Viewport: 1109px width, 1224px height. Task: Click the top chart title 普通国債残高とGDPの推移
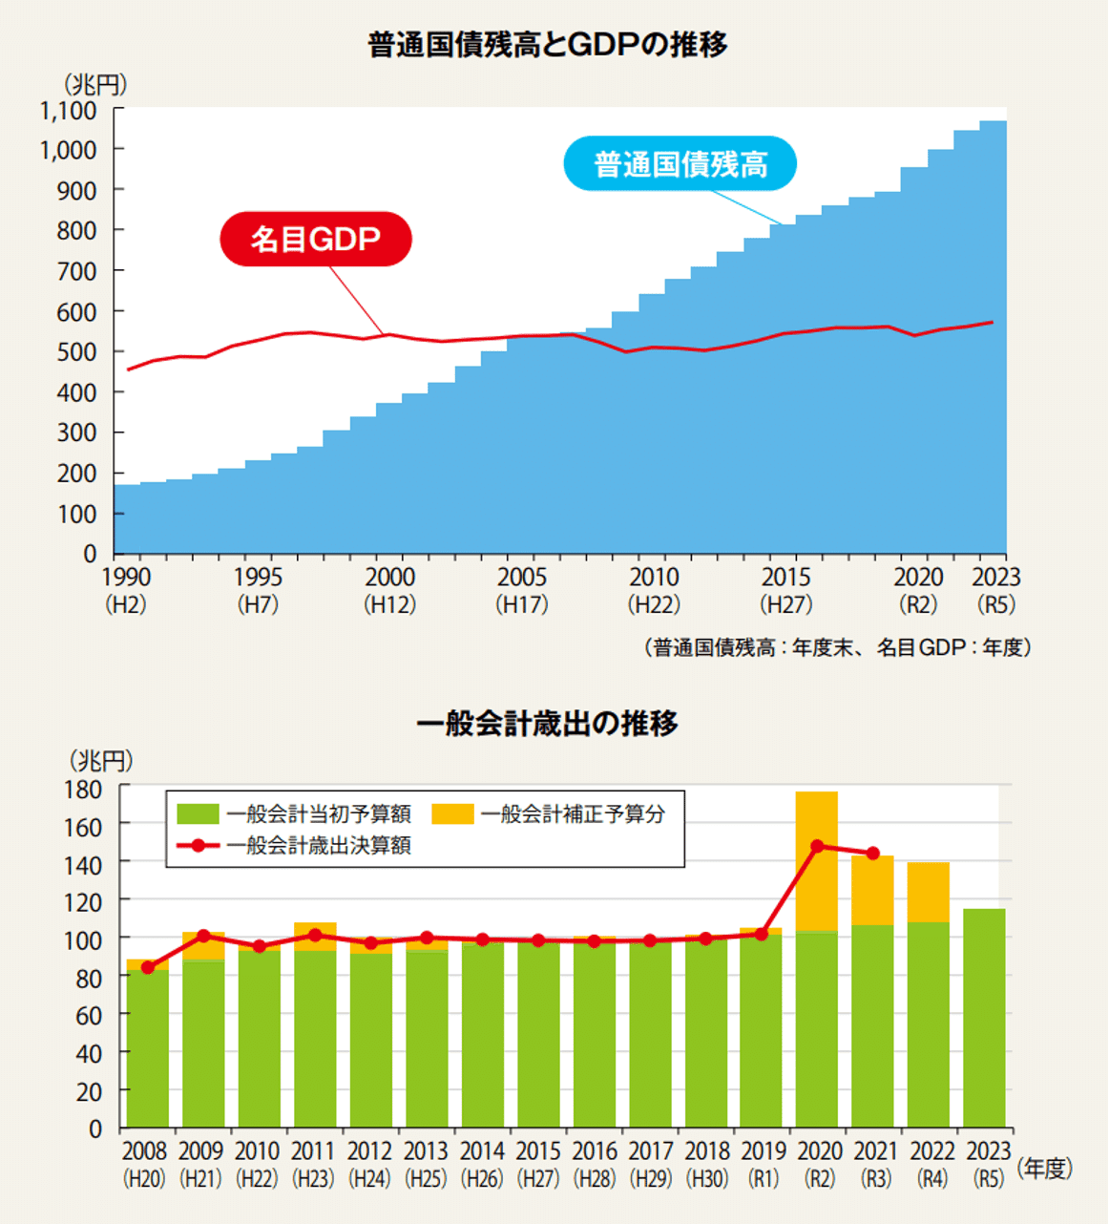(548, 45)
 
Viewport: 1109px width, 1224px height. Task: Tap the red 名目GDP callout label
(315, 239)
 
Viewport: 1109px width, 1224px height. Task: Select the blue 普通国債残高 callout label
(680, 164)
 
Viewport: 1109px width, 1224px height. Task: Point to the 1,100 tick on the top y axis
(69, 111)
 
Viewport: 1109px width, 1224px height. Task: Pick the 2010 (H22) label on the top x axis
(654, 590)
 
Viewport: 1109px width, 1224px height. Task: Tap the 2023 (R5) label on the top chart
(995, 590)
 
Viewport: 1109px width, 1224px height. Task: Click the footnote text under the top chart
(837, 647)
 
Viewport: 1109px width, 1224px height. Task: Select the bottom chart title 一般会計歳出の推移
(548, 723)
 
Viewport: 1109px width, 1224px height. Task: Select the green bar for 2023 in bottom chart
(984, 1017)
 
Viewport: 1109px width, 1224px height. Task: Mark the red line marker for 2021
(872, 853)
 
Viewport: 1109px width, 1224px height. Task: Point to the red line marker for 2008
(148, 967)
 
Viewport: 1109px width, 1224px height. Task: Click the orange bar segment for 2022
(928, 892)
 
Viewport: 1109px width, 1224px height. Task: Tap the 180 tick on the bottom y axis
(83, 790)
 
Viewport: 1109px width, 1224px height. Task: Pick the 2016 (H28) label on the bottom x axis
(595, 1164)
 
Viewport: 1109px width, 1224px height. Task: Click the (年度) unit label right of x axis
(1045, 1168)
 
